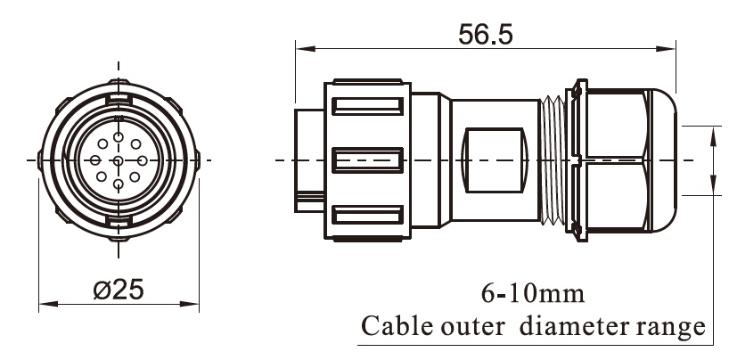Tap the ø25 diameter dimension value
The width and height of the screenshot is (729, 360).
119,290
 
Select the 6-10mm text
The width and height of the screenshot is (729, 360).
531,293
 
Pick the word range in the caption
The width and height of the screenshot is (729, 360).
676,329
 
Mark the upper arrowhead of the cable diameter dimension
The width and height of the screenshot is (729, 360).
713,132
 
